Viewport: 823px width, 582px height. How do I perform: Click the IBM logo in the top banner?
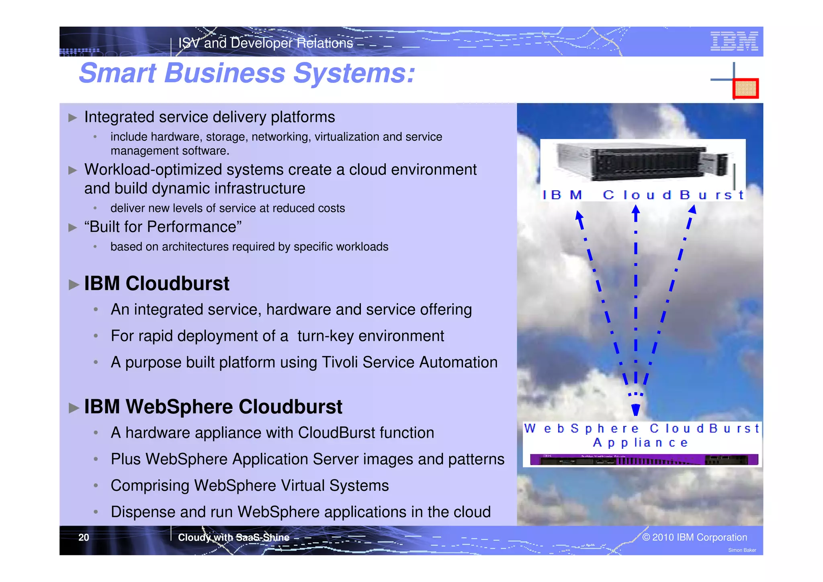click(734, 41)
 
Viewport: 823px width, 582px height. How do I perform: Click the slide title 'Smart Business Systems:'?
click(247, 73)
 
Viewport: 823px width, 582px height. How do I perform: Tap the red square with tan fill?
click(745, 88)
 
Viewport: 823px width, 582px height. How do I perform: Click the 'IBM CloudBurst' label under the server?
click(643, 195)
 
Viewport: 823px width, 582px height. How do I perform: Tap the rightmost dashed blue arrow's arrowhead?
click(692, 210)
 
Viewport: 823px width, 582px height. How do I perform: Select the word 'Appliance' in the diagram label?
click(641, 443)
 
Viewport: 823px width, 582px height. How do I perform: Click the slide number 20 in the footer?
click(84, 537)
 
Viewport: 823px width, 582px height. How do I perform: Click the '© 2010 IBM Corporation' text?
click(694, 537)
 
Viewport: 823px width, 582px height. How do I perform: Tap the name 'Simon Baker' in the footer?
click(742, 550)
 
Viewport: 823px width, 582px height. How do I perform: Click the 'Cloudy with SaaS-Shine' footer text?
click(233, 537)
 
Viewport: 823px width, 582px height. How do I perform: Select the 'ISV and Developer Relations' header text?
click(265, 43)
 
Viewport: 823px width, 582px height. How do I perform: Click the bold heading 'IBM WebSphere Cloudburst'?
click(213, 407)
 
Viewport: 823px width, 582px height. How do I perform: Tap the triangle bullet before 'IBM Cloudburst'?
click(74, 285)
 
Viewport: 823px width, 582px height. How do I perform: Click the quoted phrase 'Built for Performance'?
click(163, 227)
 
